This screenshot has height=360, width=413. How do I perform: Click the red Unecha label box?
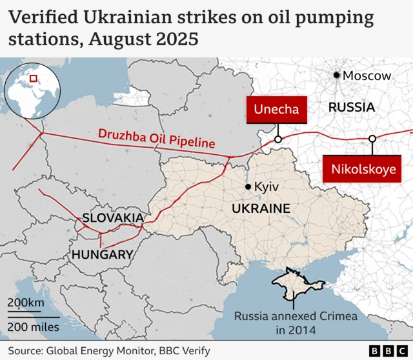coord(276,109)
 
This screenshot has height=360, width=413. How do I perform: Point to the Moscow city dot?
coord(337,75)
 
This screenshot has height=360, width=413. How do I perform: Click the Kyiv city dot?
coord(248,187)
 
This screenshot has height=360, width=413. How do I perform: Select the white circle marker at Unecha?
coord(278,139)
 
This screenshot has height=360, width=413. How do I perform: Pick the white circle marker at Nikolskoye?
coord(372,139)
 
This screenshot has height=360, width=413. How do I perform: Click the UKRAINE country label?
coord(261,208)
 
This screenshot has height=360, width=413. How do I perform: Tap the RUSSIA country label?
coord(352,107)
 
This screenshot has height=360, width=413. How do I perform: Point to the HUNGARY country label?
coord(102,254)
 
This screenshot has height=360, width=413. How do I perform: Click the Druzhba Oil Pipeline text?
coord(156,139)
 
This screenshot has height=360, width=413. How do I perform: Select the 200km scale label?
coord(26,303)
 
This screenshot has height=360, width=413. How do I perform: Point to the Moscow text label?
coord(367,75)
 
